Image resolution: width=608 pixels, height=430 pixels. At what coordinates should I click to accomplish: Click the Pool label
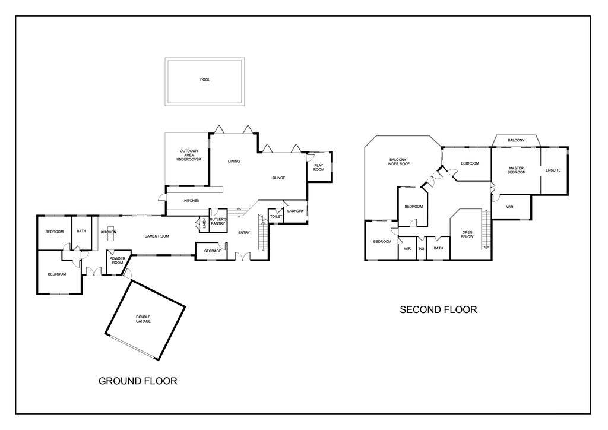point(205,80)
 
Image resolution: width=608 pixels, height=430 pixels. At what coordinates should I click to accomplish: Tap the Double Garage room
point(143,318)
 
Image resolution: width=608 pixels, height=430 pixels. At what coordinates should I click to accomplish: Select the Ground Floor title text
point(137,381)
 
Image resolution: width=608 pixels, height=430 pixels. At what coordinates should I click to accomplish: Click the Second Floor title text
point(438,309)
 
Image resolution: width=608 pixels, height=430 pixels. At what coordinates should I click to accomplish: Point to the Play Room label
point(319,167)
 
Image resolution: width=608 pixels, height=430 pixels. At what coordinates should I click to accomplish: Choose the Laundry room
point(295,211)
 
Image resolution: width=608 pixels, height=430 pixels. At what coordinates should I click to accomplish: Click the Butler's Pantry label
point(217,222)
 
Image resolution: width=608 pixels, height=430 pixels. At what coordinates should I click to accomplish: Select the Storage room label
point(213,251)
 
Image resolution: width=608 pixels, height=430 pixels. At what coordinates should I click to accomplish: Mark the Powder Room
point(116,261)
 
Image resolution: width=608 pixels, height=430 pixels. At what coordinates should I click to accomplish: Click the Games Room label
point(157,236)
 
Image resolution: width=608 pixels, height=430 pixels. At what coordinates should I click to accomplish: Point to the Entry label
point(244,232)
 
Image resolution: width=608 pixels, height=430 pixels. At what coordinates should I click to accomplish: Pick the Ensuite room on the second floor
point(553,170)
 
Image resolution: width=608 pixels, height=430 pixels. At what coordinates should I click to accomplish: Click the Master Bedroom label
point(516,170)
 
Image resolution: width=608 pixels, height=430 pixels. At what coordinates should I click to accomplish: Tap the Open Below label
point(468,234)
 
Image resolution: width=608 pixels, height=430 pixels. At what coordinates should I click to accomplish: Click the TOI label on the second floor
point(421,248)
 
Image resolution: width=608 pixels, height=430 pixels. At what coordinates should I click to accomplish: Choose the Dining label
point(234,161)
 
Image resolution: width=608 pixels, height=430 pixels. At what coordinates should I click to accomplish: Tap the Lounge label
point(278,178)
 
